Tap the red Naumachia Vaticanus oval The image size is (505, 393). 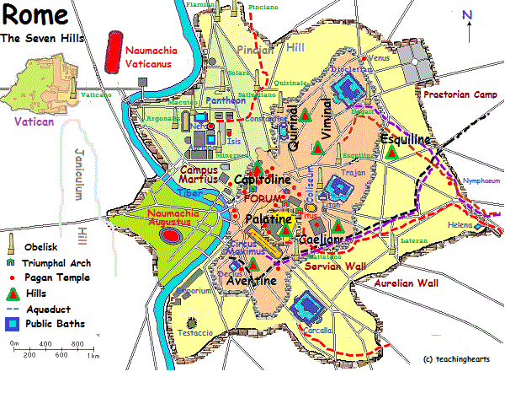click(112, 54)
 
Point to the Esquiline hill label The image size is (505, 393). click(406, 139)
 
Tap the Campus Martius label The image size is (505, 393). click(198, 175)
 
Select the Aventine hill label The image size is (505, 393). click(250, 281)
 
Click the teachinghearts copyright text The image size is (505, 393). click(457, 359)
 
